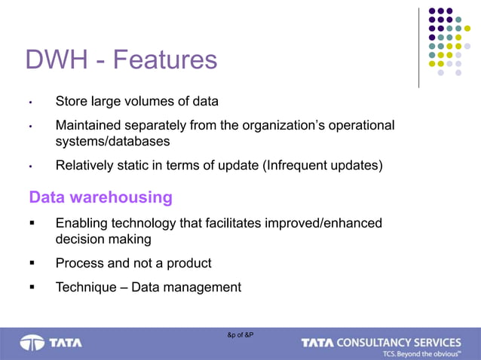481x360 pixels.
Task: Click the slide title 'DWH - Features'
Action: point(121,59)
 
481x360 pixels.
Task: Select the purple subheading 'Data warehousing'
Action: point(100,197)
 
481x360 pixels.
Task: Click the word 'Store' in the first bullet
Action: point(72,101)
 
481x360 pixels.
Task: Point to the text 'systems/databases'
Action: point(112,141)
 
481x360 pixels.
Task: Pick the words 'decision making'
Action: point(103,239)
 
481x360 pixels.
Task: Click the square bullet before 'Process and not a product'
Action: point(32,264)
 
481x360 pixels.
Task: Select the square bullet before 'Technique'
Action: point(32,287)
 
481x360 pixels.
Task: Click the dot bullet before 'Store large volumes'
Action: point(31,102)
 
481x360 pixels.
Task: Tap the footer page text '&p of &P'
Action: point(240,334)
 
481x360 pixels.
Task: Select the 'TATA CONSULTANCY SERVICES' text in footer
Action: point(381,343)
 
